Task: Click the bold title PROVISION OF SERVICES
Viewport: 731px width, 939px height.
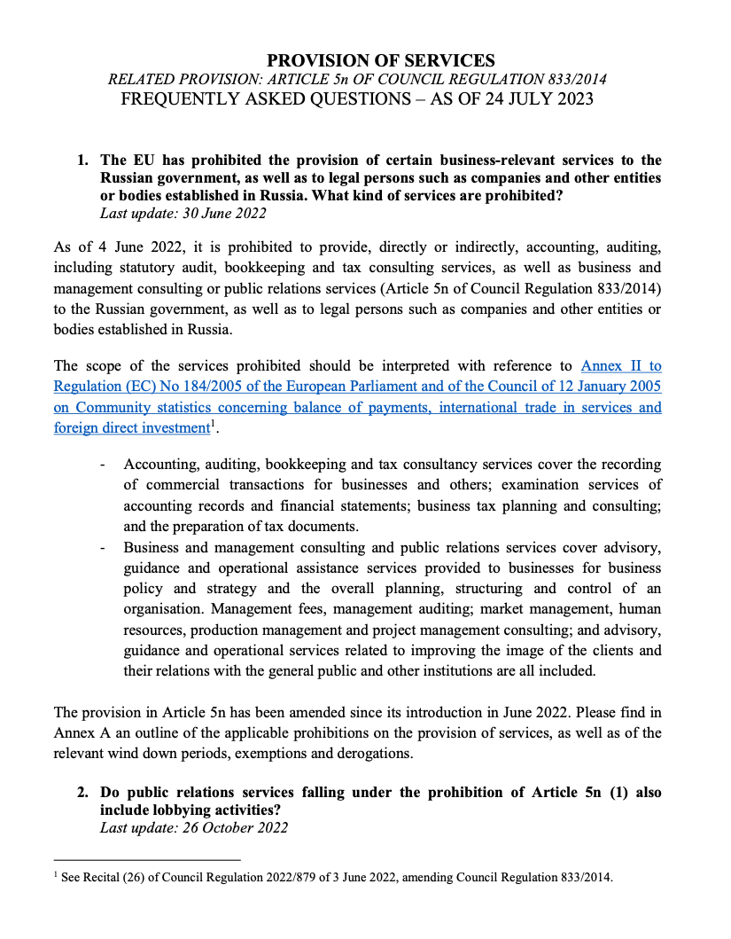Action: [381, 60]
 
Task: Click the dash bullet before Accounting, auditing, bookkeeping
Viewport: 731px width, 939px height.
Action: [104, 465]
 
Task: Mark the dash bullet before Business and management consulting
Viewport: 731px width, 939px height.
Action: [104, 547]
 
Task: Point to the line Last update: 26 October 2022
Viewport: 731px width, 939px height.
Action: [194, 828]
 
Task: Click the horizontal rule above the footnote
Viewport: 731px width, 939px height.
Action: [147, 859]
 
